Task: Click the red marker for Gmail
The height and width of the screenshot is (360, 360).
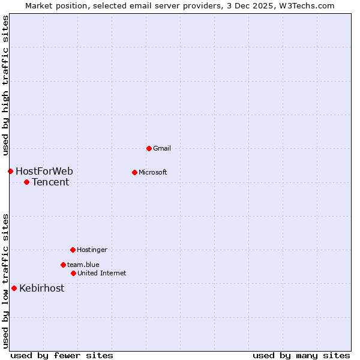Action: (x=149, y=148)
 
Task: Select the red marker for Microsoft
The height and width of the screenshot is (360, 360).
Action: (x=134, y=172)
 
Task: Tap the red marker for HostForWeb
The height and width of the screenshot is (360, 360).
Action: (x=10, y=171)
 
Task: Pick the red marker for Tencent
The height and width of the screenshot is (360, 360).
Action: (x=26, y=182)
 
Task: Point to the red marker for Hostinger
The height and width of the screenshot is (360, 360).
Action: (x=73, y=250)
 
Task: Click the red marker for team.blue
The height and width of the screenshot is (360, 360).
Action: (x=63, y=265)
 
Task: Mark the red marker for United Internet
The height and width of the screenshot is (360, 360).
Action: (x=73, y=273)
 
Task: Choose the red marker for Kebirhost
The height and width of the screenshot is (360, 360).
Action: (x=14, y=288)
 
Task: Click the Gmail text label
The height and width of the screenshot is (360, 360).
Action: (x=162, y=148)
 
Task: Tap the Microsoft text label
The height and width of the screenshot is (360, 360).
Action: (x=152, y=172)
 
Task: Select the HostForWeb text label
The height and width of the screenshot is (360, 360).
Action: (x=44, y=172)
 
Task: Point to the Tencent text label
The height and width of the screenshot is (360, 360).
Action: (x=50, y=182)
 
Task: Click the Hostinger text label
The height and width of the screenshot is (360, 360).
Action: (x=92, y=250)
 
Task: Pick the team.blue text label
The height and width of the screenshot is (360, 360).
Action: (x=83, y=265)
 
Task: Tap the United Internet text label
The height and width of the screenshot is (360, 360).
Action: (x=101, y=273)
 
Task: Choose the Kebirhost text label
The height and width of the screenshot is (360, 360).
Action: (x=41, y=289)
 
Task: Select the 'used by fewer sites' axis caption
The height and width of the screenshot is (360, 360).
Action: (x=62, y=355)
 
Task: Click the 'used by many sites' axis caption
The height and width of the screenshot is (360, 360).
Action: (x=301, y=355)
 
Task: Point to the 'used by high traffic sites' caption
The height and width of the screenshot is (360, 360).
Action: (x=5, y=85)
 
